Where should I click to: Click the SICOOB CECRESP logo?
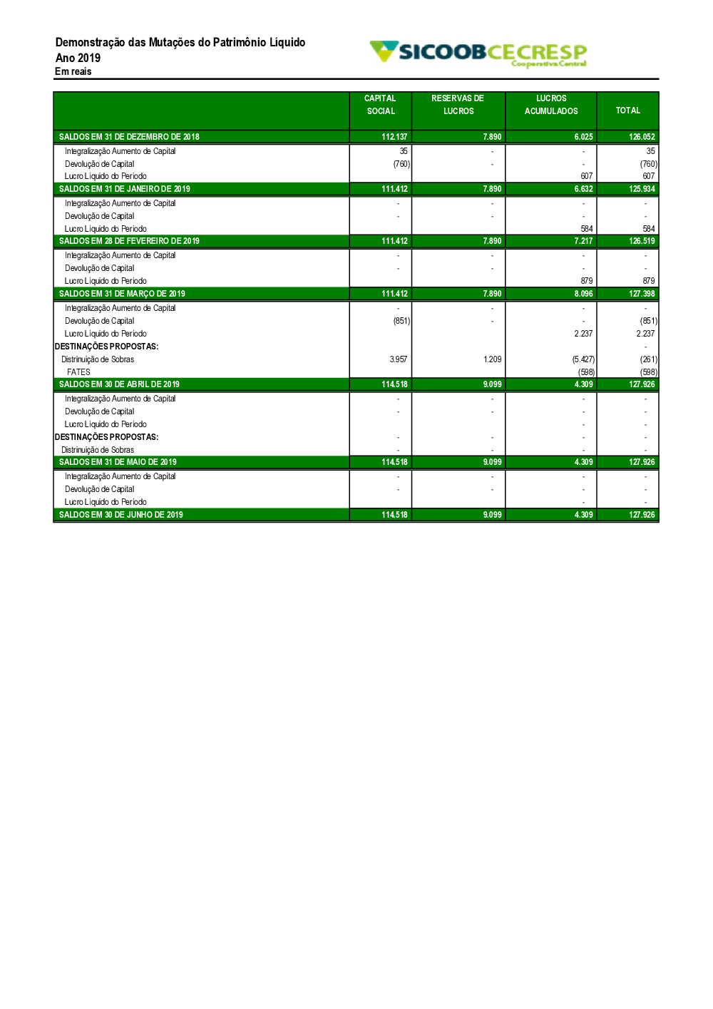[478, 53]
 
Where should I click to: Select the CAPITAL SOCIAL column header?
[380, 105]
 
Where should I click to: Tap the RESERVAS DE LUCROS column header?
[458, 105]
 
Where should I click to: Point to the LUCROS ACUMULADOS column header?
[551, 105]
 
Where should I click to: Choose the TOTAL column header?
[628, 111]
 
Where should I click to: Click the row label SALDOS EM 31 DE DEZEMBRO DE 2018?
[129, 137]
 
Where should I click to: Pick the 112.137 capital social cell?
[394, 137]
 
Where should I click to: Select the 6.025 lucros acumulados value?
[583, 137]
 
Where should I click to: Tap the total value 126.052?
[642, 137]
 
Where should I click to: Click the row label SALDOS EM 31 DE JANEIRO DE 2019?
[125, 189]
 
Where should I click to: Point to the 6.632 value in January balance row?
[583, 189]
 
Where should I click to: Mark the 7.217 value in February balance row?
[583, 241]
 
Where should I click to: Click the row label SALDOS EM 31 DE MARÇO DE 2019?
[122, 294]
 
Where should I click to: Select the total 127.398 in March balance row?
[642, 294]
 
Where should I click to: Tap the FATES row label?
[78, 372]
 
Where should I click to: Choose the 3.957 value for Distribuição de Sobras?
[399, 359]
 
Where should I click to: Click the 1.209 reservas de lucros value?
[492, 359]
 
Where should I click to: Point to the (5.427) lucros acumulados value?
[583, 359]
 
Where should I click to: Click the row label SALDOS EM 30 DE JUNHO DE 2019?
[121, 515]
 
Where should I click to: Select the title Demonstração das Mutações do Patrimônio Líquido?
[180, 43]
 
